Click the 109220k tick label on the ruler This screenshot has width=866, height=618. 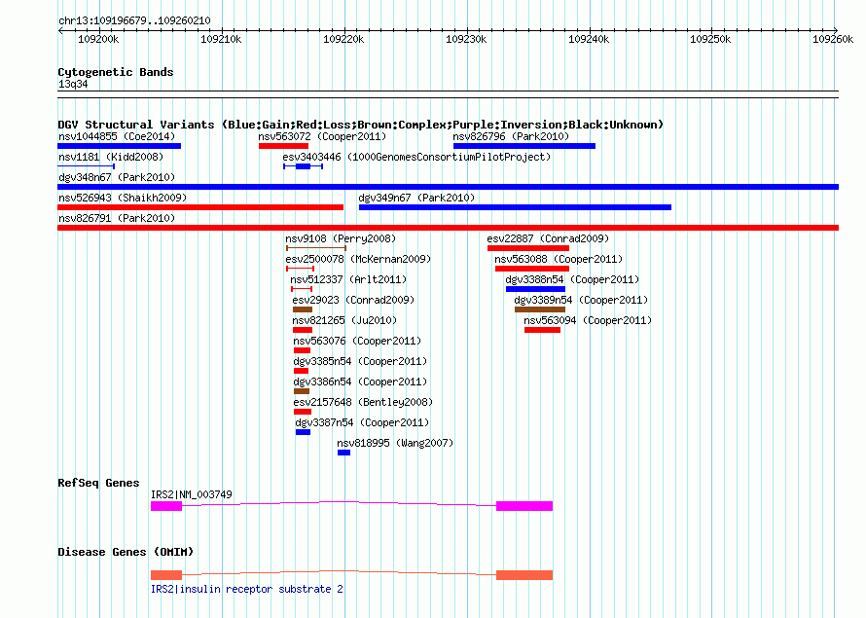[x=343, y=39]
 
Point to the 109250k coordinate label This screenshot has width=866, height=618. [x=710, y=39]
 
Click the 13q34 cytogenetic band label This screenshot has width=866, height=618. [x=73, y=84]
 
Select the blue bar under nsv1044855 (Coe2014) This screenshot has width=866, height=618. [x=120, y=146]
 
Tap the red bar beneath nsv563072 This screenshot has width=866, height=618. [x=283, y=146]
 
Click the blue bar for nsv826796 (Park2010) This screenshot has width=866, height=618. [x=524, y=146]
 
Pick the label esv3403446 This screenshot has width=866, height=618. [x=311, y=157]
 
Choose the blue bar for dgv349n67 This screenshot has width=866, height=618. [x=516, y=207]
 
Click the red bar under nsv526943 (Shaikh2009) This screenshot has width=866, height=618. [x=200, y=207]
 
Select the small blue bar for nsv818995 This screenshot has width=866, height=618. [x=343, y=453]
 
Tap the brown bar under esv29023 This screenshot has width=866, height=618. [x=303, y=309]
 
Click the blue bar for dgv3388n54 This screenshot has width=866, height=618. [x=535, y=289]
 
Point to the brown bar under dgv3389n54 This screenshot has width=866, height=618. [x=540, y=309]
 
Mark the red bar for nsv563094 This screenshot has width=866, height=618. [x=542, y=330]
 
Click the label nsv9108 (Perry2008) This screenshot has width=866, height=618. [x=341, y=238]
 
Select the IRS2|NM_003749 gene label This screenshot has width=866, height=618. [x=191, y=494]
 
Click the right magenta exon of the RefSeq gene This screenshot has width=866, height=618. [x=524, y=506]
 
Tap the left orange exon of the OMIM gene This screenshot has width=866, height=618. [x=166, y=575]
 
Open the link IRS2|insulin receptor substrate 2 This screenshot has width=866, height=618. [x=247, y=589]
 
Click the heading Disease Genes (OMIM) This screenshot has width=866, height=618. [x=126, y=552]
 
